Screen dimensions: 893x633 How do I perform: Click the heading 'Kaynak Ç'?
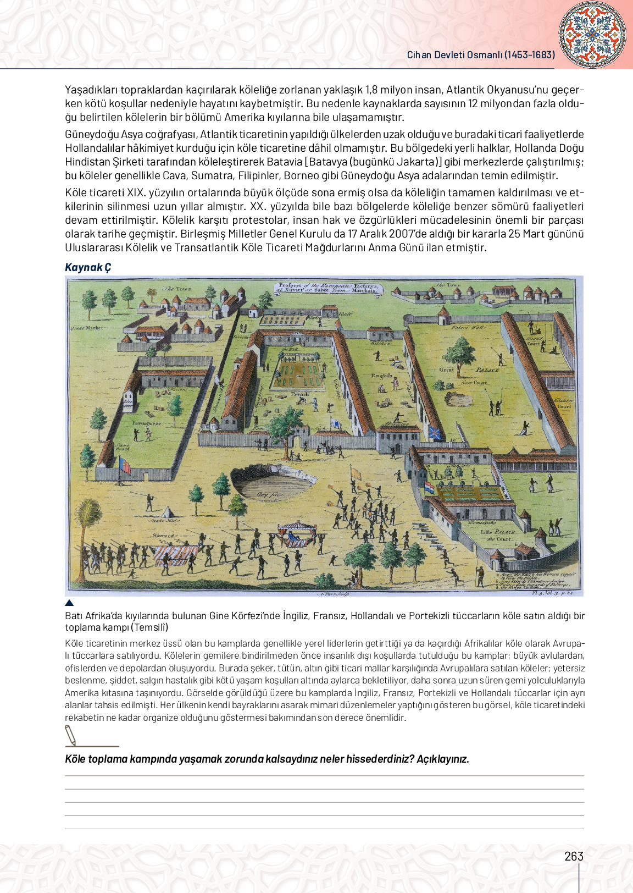tap(88, 267)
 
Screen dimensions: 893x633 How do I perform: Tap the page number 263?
tap(574, 856)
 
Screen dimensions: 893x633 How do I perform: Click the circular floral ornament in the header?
tap(592, 35)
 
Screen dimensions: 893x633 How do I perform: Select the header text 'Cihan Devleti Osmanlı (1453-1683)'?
tap(481, 55)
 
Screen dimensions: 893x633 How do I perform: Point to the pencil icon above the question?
tap(71, 735)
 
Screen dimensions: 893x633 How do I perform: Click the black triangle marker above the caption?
tap(69, 603)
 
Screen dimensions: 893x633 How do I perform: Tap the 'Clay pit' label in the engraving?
tap(269, 494)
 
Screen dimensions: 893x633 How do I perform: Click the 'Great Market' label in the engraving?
tap(86, 328)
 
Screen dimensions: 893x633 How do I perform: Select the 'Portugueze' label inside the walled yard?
tap(146, 423)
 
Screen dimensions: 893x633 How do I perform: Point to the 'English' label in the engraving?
tap(381, 376)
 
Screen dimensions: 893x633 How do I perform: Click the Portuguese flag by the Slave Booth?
tap(125, 466)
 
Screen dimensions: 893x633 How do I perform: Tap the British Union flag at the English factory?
tap(435, 433)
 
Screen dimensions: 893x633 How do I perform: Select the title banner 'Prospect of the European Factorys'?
tap(328, 288)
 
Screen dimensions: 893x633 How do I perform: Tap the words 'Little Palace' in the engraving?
tap(497, 532)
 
